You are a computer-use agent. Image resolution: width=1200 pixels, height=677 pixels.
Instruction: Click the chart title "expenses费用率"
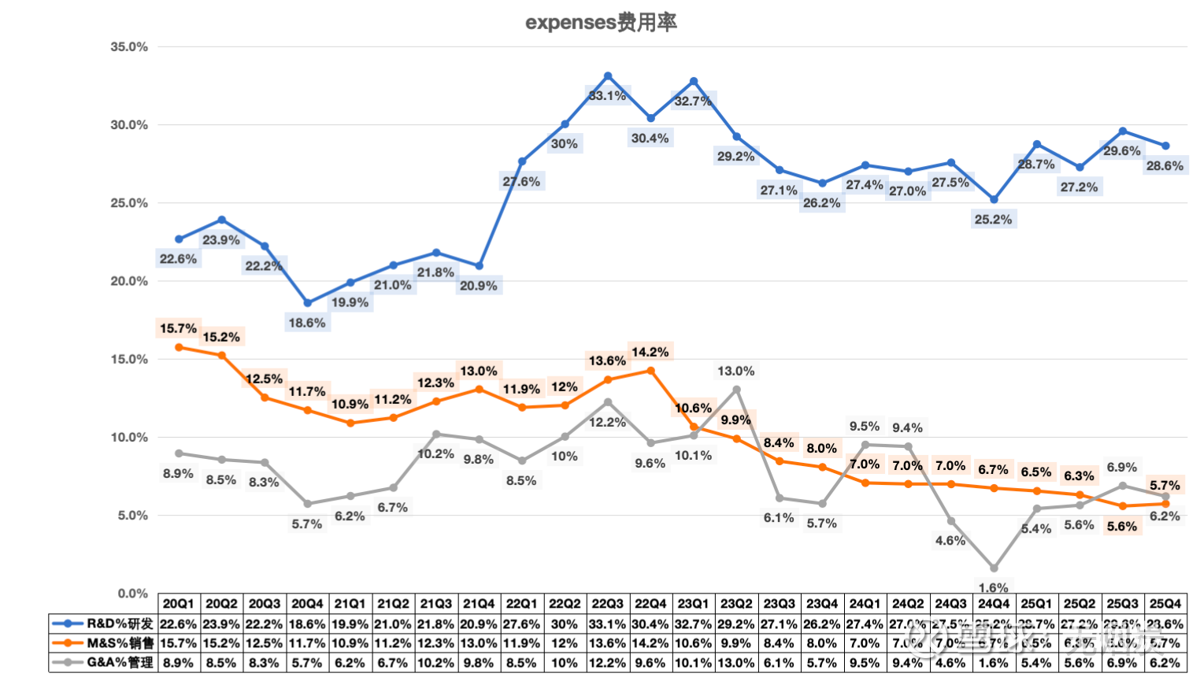pyautogui.click(x=601, y=22)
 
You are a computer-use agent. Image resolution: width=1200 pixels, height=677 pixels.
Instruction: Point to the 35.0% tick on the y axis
pyautogui.click(x=129, y=47)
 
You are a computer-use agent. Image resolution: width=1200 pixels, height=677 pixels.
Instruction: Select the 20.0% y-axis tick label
pyautogui.click(x=129, y=281)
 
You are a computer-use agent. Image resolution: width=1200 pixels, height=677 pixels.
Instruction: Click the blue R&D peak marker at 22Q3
pyautogui.click(x=608, y=76)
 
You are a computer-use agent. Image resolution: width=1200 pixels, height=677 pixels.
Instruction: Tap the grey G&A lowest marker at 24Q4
pyautogui.click(x=994, y=568)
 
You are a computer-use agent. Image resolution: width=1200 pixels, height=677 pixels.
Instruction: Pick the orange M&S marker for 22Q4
pyautogui.click(x=650, y=370)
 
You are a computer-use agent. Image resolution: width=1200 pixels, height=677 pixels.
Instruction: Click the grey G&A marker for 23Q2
pyautogui.click(x=736, y=390)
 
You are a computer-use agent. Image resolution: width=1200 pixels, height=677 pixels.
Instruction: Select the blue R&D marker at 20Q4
pyautogui.click(x=307, y=303)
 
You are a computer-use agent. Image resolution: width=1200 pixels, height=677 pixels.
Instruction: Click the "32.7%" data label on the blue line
pyautogui.click(x=693, y=101)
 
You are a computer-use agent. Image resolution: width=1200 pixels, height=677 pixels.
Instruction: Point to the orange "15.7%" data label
pyautogui.click(x=178, y=328)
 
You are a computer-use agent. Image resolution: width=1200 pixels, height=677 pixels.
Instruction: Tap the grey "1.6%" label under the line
pyautogui.click(x=994, y=587)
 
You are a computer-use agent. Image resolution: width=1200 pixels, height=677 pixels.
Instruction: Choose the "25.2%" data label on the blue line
pyautogui.click(x=994, y=220)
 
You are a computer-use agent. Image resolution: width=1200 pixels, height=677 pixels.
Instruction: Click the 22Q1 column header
pyautogui.click(x=521, y=604)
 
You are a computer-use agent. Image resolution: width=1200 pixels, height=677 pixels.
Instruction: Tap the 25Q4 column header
pyautogui.click(x=1165, y=604)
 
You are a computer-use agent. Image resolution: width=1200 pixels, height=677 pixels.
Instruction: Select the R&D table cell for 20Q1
pyautogui.click(x=179, y=623)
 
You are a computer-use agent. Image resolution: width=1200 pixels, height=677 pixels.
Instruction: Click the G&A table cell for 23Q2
pyautogui.click(x=736, y=663)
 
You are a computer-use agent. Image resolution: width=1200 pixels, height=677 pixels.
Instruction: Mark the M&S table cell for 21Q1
pyautogui.click(x=350, y=643)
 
